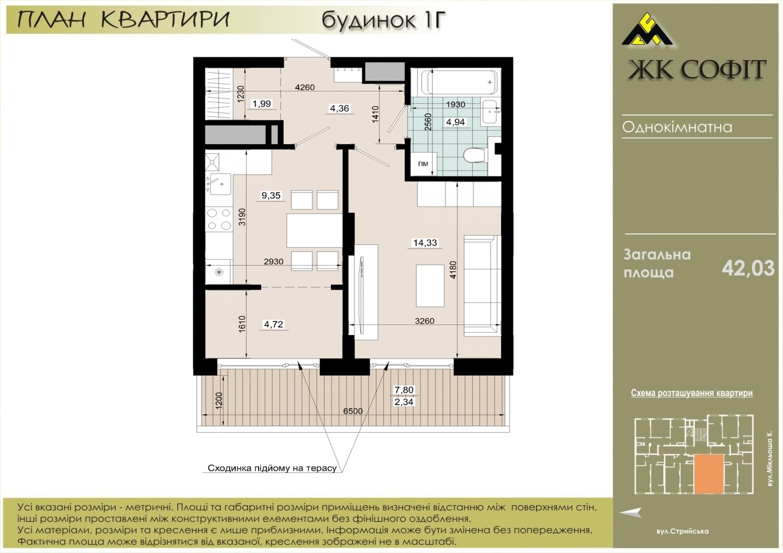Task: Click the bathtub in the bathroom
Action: [x=459, y=83]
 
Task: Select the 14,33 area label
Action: [x=424, y=242]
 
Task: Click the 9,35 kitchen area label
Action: [x=271, y=195]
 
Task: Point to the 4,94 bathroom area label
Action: [x=455, y=122]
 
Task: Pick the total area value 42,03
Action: [x=748, y=269]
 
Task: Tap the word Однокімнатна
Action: [x=677, y=127]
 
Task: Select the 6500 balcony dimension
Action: [x=353, y=411]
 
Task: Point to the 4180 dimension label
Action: [x=453, y=269]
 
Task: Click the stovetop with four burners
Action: [x=219, y=219]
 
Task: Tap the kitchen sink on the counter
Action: [x=218, y=184]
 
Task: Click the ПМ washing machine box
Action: [x=423, y=163]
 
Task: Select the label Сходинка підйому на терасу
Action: [x=272, y=468]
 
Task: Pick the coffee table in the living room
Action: [x=430, y=285]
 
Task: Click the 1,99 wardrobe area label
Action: [x=262, y=104]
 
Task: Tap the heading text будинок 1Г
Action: [x=384, y=20]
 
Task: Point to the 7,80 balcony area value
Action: [x=404, y=390]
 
